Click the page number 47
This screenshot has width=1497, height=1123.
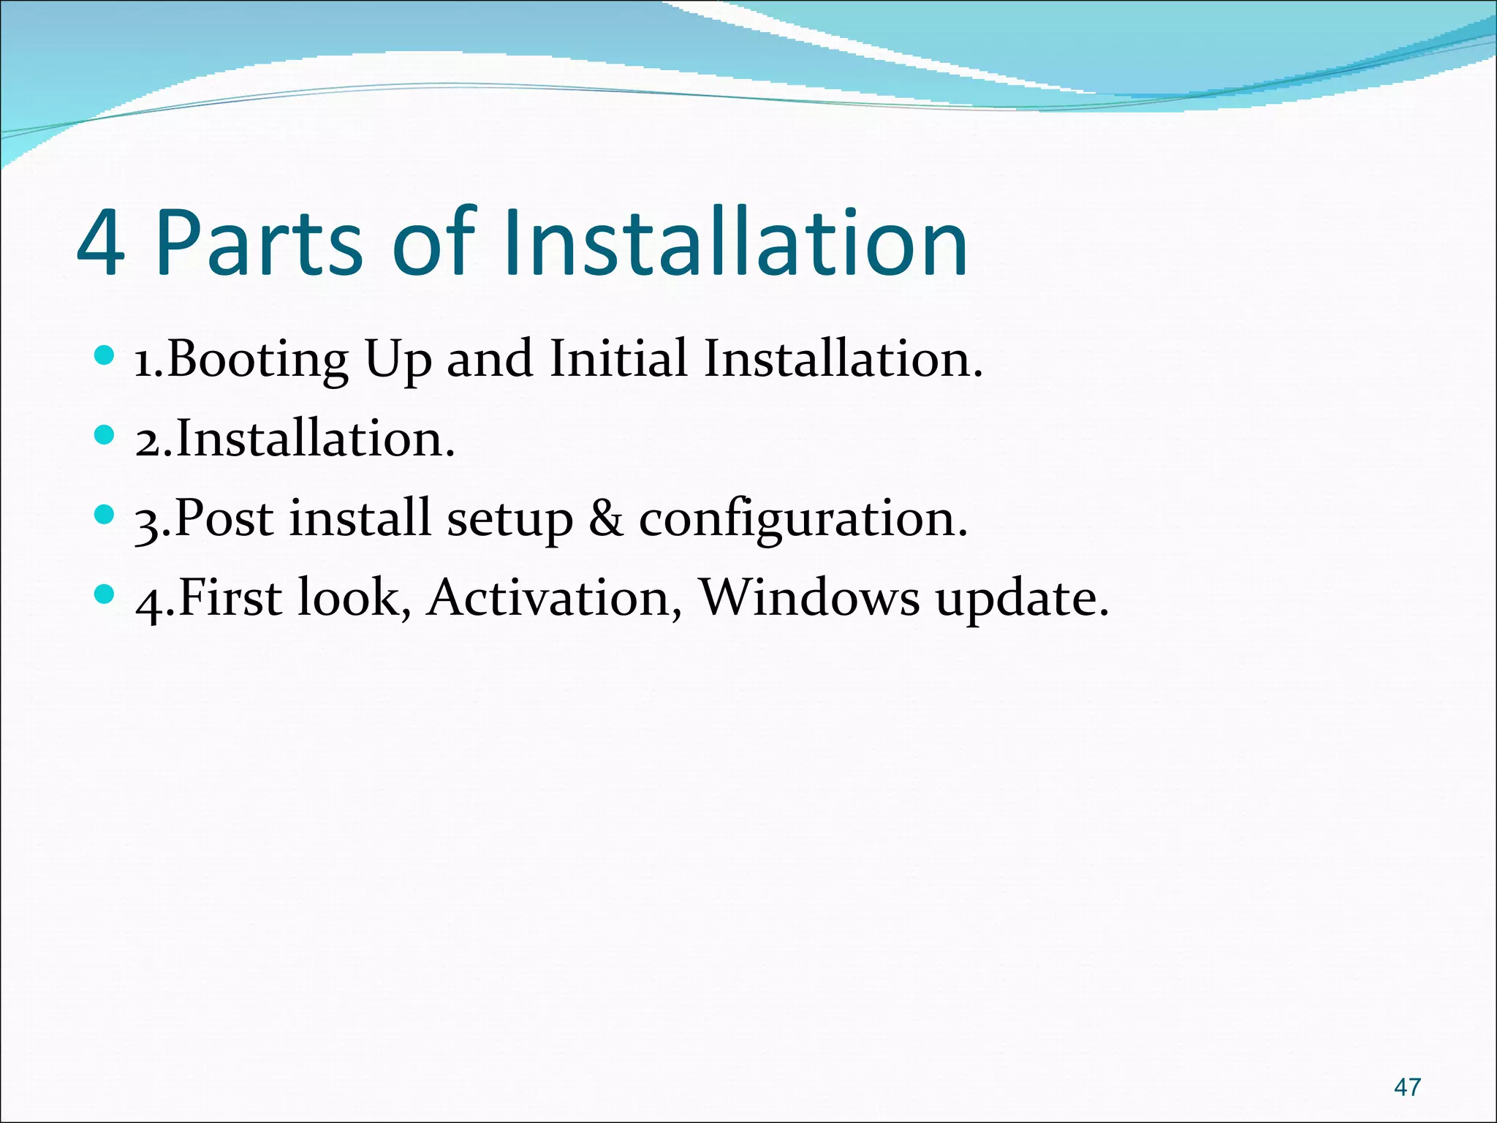tap(1407, 1087)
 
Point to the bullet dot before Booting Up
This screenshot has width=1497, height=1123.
tap(105, 356)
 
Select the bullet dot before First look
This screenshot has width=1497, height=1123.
tap(105, 595)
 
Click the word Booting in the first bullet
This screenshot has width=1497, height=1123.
tap(258, 360)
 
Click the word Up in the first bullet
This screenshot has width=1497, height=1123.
tap(398, 360)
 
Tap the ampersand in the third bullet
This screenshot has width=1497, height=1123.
tap(606, 518)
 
